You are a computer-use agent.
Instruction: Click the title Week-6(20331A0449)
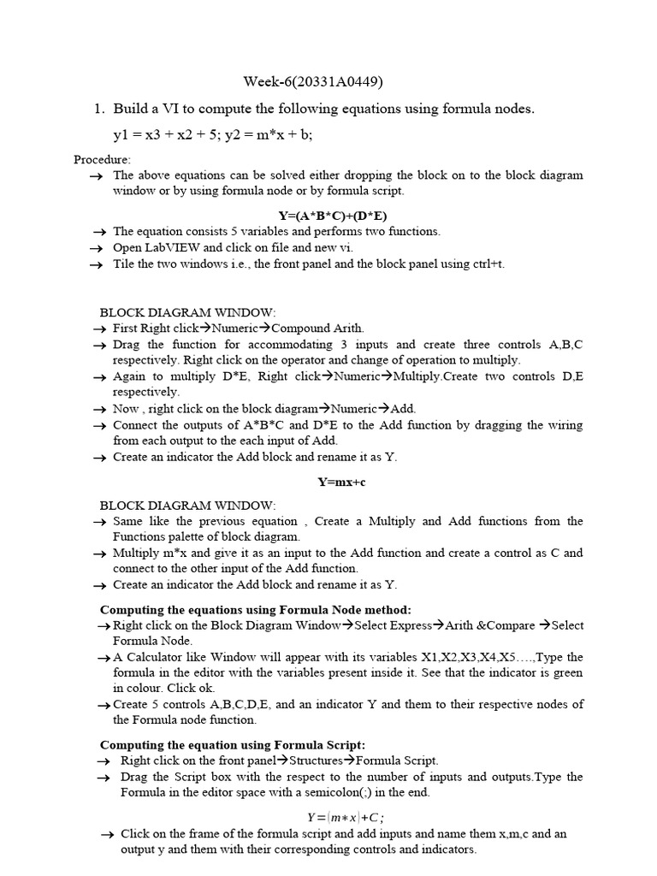click(x=313, y=82)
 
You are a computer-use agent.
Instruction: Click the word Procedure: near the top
click(x=102, y=159)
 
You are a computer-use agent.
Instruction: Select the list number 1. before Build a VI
click(x=99, y=109)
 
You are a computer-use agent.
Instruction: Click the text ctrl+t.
click(x=488, y=263)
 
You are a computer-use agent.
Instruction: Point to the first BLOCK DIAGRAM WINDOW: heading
click(x=188, y=312)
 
